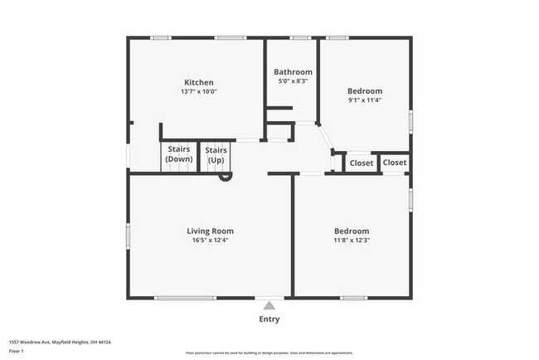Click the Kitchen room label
(x=199, y=82)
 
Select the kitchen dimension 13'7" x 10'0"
(x=199, y=92)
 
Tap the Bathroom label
(x=293, y=71)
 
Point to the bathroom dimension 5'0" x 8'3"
(x=293, y=81)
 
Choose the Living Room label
(x=210, y=231)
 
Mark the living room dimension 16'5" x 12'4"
(x=210, y=241)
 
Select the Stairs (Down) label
(x=179, y=154)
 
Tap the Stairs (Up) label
(x=216, y=154)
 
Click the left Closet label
(x=362, y=163)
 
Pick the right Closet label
(x=395, y=163)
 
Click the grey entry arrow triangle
(x=269, y=305)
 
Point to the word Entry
(x=269, y=319)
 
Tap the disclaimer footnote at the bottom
(x=269, y=353)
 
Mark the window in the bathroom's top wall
(x=300, y=37)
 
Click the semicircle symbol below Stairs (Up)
(x=225, y=176)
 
